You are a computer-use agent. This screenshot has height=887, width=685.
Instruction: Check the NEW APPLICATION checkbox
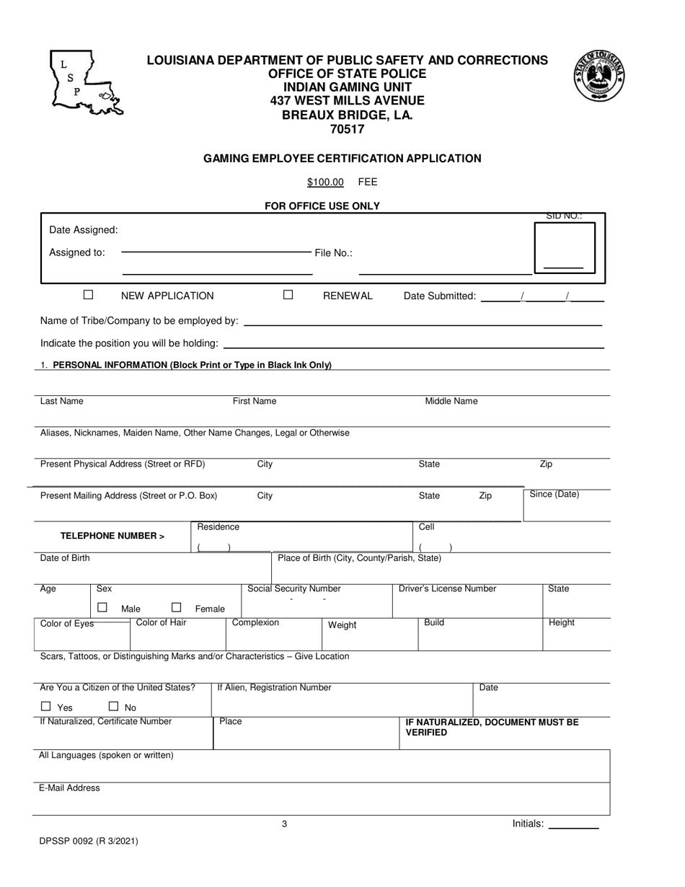point(89,294)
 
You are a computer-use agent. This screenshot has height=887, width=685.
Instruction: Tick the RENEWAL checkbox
point(288,294)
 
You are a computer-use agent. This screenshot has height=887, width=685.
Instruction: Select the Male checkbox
point(102,608)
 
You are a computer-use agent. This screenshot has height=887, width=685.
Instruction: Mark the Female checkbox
point(176,608)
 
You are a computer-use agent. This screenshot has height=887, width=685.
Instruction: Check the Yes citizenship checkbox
point(46,707)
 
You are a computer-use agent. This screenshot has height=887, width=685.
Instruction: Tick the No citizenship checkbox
point(113,707)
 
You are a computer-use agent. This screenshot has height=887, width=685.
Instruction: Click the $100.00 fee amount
point(325,182)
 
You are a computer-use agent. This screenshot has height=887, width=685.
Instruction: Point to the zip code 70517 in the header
point(347,130)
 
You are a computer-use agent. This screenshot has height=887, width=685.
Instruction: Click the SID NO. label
point(564,216)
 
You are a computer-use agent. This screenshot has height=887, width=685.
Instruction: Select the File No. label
point(333,253)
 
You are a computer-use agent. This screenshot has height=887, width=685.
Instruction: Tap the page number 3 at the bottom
point(284,824)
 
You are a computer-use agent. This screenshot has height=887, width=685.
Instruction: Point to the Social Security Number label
point(294,589)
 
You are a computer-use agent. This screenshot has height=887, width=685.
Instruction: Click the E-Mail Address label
point(69,788)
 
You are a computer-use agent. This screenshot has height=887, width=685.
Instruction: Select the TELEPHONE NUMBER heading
point(112,536)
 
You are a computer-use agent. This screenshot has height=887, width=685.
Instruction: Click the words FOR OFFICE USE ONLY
point(322,206)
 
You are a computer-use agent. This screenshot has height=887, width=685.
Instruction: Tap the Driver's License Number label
point(448,589)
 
